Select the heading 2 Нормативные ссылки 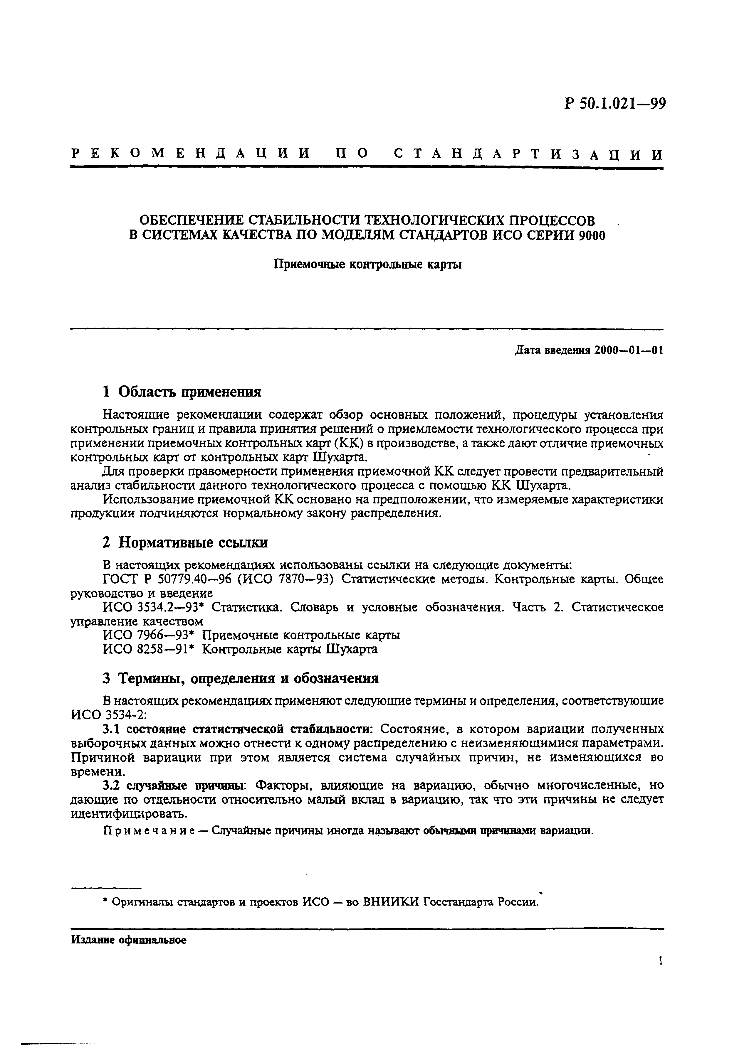point(185,543)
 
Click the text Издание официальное point(129,941)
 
